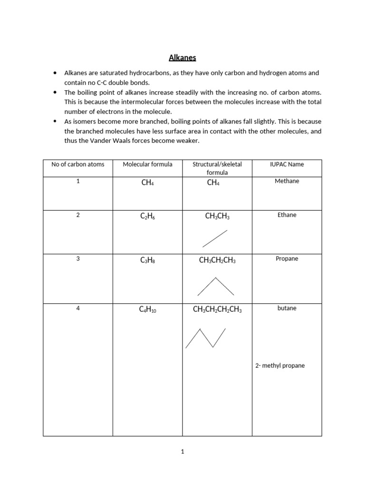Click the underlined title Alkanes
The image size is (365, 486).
pyautogui.click(x=182, y=58)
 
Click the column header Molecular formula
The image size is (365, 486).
pyautogui.click(x=147, y=164)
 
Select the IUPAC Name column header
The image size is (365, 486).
pyautogui.click(x=287, y=164)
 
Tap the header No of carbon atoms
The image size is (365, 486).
pyautogui.click(x=78, y=164)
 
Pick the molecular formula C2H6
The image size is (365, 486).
pyautogui.click(x=147, y=216)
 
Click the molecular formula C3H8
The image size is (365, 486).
pyautogui.click(x=147, y=260)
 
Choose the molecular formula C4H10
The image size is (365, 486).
pyautogui.click(x=147, y=310)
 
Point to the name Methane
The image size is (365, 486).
pyautogui.click(x=287, y=181)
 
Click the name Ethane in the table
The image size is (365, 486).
pyautogui.click(x=287, y=215)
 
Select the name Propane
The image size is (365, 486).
pyautogui.click(x=287, y=259)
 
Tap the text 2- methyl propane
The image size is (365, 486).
pyautogui.click(x=280, y=365)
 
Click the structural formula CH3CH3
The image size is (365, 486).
pyautogui.click(x=217, y=216)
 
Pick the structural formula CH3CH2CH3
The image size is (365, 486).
pyautogui.click(x=217, y=260)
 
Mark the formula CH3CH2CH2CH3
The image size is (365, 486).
pyautogui.click(x=217, y=310)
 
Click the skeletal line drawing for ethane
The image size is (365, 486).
pyautogui.click(x=215, y=239)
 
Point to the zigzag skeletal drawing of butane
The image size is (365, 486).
pyautogui.click(x=205, y=338)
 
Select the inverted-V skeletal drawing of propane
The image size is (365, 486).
pyautogui.click(x=215, y=286)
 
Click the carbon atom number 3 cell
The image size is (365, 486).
pyautogui.click(x=78, y=259)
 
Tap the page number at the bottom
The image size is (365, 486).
pyautogui.click(x=182, y=452)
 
